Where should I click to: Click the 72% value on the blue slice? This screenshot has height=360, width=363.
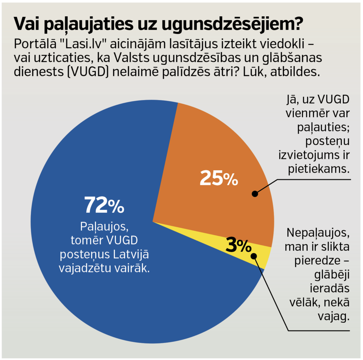104,205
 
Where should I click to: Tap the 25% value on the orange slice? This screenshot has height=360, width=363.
218,178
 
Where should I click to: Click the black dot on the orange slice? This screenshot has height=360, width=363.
255,194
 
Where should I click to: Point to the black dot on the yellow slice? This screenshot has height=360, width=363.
253,256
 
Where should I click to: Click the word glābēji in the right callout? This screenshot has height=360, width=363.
332,275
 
